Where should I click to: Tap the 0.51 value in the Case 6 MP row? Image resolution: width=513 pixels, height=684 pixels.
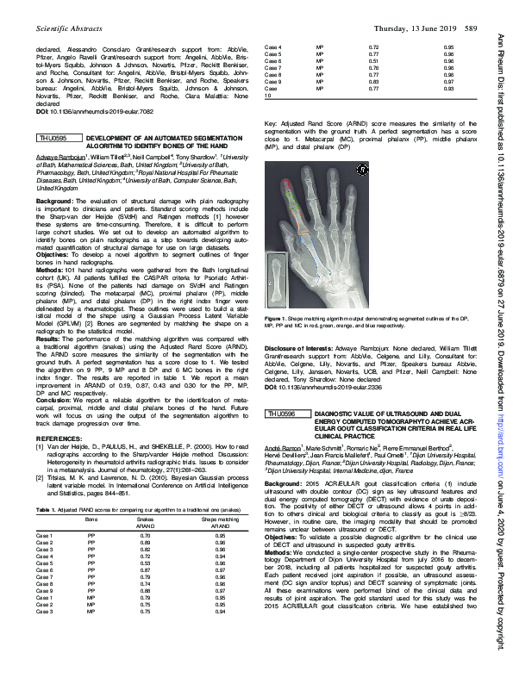(x=373, y=62)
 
